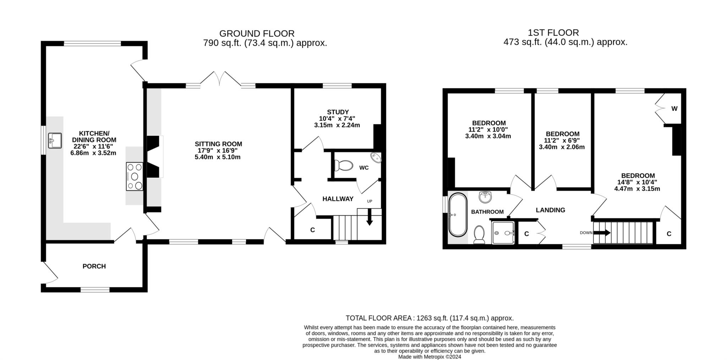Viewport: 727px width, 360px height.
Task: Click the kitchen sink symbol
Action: (x=55, y=141)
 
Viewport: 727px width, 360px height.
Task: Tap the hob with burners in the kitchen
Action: (x=135, y=176)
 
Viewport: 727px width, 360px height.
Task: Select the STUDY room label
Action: (x=338, y=112)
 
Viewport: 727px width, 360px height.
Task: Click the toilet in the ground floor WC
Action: (x=344, y=165)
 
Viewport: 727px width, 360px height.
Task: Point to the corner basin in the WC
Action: (x=376, y=157)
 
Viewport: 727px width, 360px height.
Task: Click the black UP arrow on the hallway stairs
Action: (x=370, y=217)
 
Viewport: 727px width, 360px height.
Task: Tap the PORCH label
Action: (x=94, y=266)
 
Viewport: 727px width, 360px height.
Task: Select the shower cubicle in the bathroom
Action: (x=503, y=233)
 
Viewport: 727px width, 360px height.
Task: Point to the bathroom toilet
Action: (x=479, y=235)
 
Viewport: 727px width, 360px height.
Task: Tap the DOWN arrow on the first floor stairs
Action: (x=602, y=233)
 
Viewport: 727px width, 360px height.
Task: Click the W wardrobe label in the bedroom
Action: (x=674, y=109)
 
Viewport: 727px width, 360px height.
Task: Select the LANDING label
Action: (x=550, y=210)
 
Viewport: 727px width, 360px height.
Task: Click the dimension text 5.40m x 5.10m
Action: (x=218, y=157)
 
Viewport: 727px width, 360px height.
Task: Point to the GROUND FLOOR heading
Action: (x=257, y=33)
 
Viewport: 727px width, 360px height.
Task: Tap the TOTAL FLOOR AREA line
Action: (x=430, y=318)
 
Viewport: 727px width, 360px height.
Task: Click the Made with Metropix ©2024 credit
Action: (x=430, y=357)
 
